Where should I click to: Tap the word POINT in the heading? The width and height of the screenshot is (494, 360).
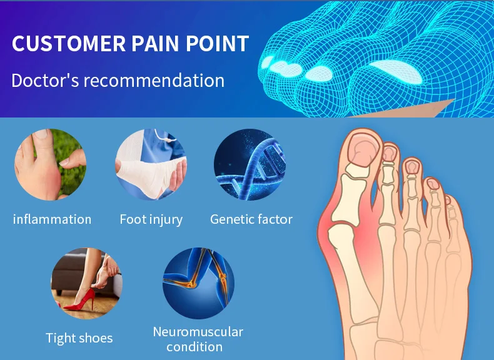pyautogui.click(x=218, y=44)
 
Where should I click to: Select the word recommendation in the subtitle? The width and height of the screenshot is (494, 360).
pyautogui.click(x=154, y=81)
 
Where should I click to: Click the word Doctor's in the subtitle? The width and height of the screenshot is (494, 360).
pyautogui.click(x=45, y=81)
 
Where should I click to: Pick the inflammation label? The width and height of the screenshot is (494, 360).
pyautogui.click(x=52, y=219)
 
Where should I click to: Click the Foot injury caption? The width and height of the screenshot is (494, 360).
pyautogui.click(x=151, y=220)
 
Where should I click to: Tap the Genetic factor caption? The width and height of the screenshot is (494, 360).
pyautogui.click(x=251, y=219)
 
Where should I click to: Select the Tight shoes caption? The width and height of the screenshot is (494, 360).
pyautogui.click(x=79, y=339)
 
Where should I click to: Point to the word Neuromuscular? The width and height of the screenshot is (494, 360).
pyautogui.click(x=198, y=332)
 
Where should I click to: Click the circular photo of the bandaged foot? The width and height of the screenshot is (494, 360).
pyautogui.click(x=151, y=164)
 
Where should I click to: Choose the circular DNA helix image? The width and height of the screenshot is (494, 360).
pyautogui.click(x=250, y=164)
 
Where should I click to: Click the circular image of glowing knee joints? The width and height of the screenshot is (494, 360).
pyautogui.click(x=198, y=283)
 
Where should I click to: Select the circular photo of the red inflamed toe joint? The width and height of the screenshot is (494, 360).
pyautogui.click(x=51, y=164)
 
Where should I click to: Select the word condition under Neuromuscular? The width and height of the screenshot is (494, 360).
pyautogui.click(x=194, y=347)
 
